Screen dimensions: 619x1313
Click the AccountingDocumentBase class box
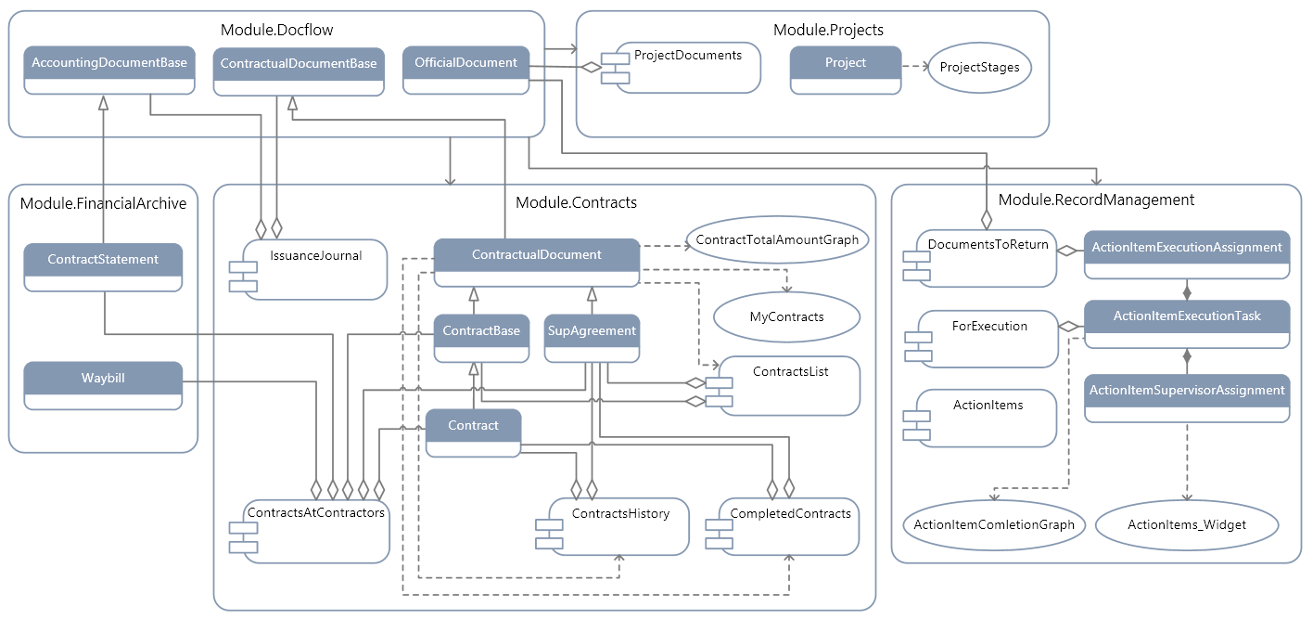pos(109,71)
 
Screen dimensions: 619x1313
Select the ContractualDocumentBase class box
pos(299,71)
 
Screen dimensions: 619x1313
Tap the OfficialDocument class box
pos(465,71)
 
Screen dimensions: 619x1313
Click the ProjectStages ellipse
pos(979,68)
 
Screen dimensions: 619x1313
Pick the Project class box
pos(845,71)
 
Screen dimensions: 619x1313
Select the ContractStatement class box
pos(103,267)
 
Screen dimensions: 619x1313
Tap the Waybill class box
pos(103,386)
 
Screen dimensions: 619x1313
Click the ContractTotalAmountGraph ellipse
pos(777,240)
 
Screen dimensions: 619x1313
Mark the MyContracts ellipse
pos(786,317)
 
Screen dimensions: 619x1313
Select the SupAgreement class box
pos(592,339)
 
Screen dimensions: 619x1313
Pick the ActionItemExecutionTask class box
pos(1187,324)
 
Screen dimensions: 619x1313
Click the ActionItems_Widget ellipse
pos(1187,525)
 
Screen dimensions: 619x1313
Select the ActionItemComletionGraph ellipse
pos(994,525)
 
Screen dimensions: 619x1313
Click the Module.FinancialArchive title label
pos(103,203)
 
